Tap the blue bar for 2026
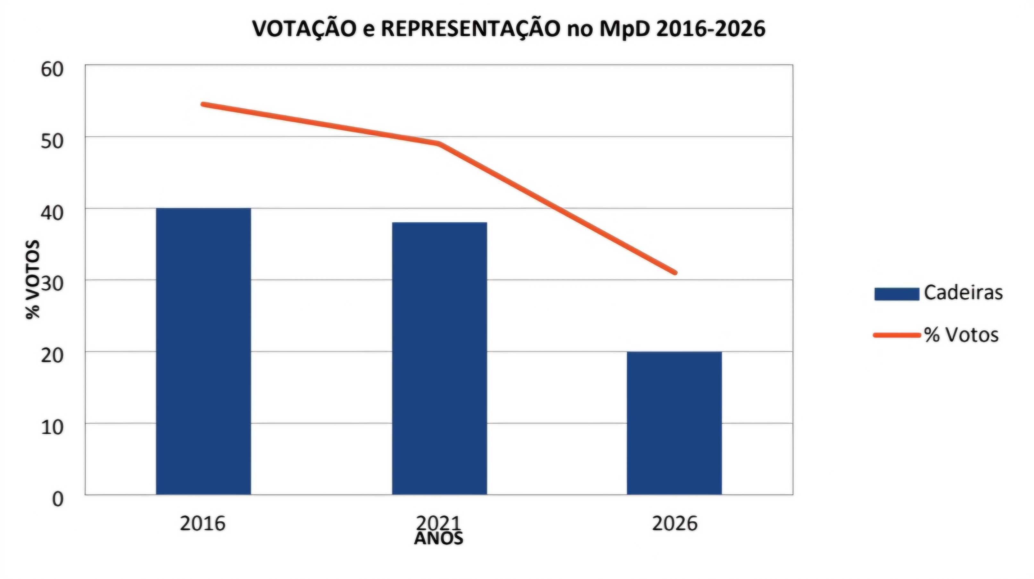click(x=674, y=423)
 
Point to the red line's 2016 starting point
click(x=204, y=104)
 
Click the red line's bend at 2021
click(x=439, y=143)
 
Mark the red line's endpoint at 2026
click(x=675, y=273)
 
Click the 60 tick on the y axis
click(x=52, y=70)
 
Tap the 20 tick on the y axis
click(x=52, y=356)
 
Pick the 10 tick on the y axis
click(x=52, y=427)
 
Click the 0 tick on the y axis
click(x=58, y=499)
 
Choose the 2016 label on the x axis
click(x=203, y=523)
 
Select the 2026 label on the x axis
click(x=675, y=523)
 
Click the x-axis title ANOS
click(x=439, y=539)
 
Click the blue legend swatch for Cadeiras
click(x=897, y=294)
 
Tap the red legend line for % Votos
click(x=897, y=335)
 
